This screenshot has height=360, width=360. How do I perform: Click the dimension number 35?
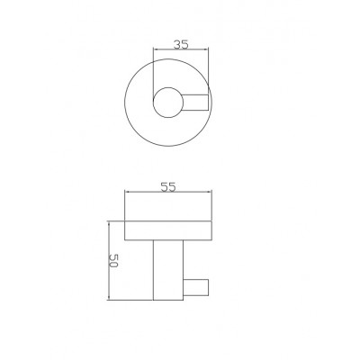pyautogui.click(x=181, y=45)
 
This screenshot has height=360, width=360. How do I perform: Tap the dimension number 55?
pyautogui.click(x=167, y=187)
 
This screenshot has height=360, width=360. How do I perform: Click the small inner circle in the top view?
pyautogui.click(x=168, y=103)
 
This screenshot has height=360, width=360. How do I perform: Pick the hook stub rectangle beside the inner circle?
pyautogui.click(x=195, y=103)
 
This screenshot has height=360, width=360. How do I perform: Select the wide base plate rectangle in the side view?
pyautogui.click(x=168, y=230)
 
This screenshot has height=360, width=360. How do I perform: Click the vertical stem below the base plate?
pyautogui.click(x=168, y=270)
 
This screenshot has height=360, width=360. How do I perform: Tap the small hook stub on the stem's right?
pyautogui.click(x=195, y=287)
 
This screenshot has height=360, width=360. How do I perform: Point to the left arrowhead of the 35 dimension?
pyautogui.click(x=156, y=49)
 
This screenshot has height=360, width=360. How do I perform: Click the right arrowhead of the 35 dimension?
pyautogui.click(x=206, y=49)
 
